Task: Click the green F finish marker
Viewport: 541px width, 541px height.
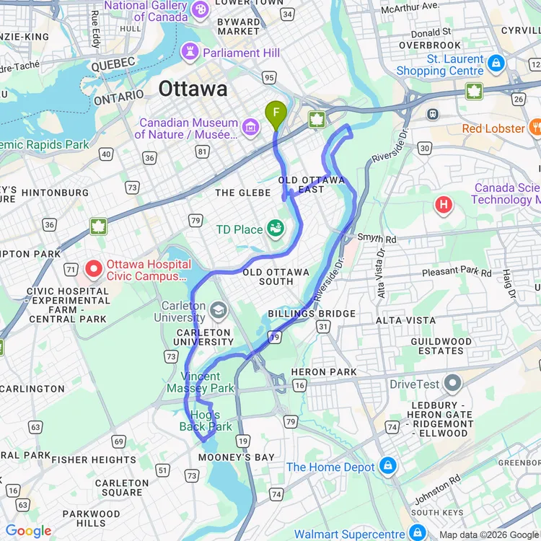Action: pos(275,113)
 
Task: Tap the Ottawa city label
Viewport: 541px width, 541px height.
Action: pos(193,89)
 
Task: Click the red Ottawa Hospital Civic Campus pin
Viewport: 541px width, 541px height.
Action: pos(93,269)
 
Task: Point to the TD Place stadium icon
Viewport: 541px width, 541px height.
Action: pos(274,229)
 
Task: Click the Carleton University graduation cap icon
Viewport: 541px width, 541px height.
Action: pos(218,310)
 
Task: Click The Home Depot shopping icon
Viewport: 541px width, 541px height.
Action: pos(387,467)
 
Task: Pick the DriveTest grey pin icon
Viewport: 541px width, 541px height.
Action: pos(453,383)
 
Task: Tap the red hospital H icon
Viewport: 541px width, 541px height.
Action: pos(444,206)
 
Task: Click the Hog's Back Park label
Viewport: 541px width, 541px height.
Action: pos(206,421)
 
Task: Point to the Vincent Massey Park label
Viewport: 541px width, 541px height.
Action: pos(201,382)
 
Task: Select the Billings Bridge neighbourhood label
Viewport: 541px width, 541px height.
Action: pos(312,314)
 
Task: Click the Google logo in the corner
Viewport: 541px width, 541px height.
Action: pos(29,531)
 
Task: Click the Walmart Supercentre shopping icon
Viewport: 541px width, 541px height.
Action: pos(417,533)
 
